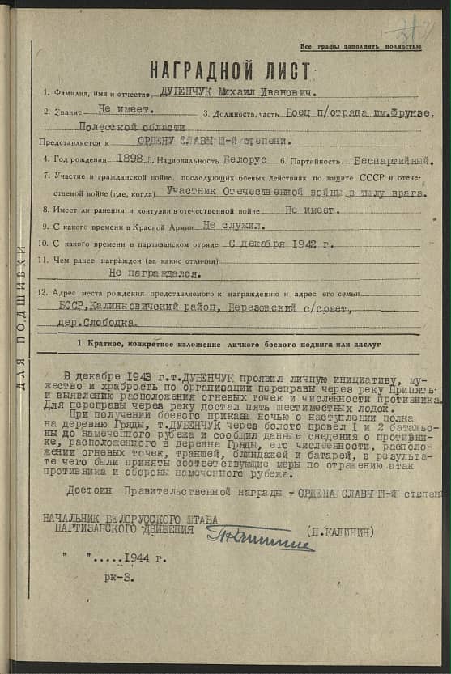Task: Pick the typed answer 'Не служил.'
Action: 235,227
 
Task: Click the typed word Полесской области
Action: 132,127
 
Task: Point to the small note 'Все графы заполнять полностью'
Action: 361,47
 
